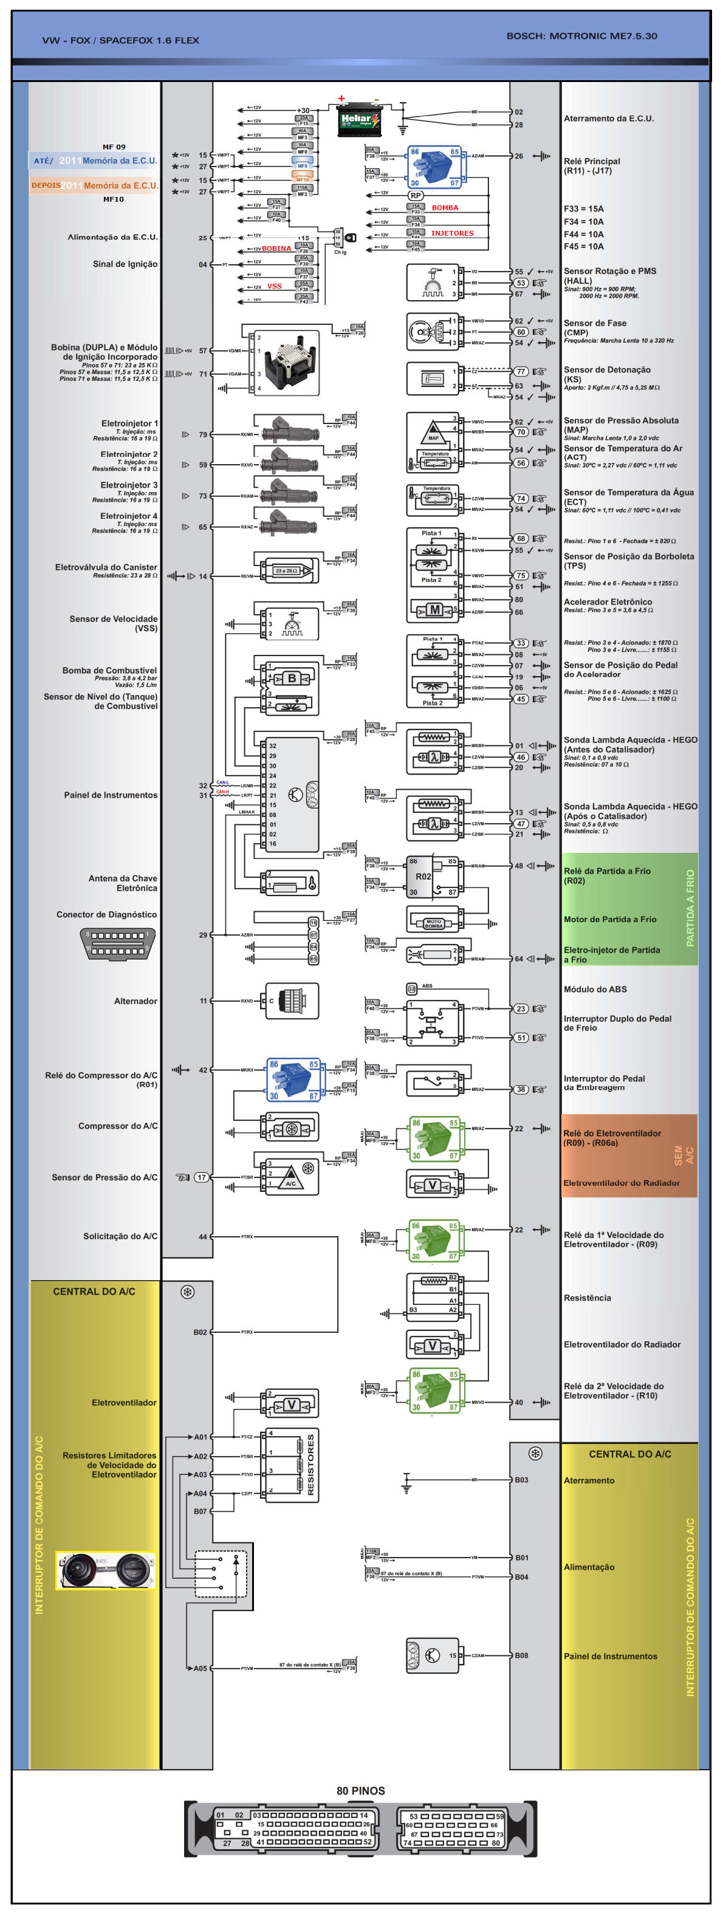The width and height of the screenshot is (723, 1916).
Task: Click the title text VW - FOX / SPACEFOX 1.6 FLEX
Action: click(x=120, y=40)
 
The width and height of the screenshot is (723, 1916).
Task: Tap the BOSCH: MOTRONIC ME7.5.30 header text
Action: click(x=581, y=36)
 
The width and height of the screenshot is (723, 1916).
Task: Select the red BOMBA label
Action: click(x=445, y=208)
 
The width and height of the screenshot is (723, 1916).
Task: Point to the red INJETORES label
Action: click(x=452, y=233)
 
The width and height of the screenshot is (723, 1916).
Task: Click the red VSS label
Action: click(x=275, y=286)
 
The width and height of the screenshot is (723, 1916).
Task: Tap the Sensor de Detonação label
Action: click(x=606, y=370)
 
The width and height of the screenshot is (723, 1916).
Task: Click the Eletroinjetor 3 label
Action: click(x=129, y=485)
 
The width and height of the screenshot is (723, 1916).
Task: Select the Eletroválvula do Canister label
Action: click(x=106, y=567)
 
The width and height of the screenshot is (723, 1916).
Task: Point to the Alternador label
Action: click(x=135, y=1001)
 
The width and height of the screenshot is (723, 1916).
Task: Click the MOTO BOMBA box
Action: click(x=434, y=923)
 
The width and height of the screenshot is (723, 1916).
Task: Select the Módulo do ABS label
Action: click(x=595, y=989)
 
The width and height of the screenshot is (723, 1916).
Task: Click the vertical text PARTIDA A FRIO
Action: click(x=690, y=908)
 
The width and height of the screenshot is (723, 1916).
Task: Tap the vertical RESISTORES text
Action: click(x=311, y=1465)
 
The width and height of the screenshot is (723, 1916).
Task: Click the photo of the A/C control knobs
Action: click(x=106, y=1570)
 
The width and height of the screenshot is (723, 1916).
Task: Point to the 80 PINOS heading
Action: click(x=361, y=1791)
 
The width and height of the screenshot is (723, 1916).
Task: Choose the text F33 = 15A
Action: click(x=583, y=209)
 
